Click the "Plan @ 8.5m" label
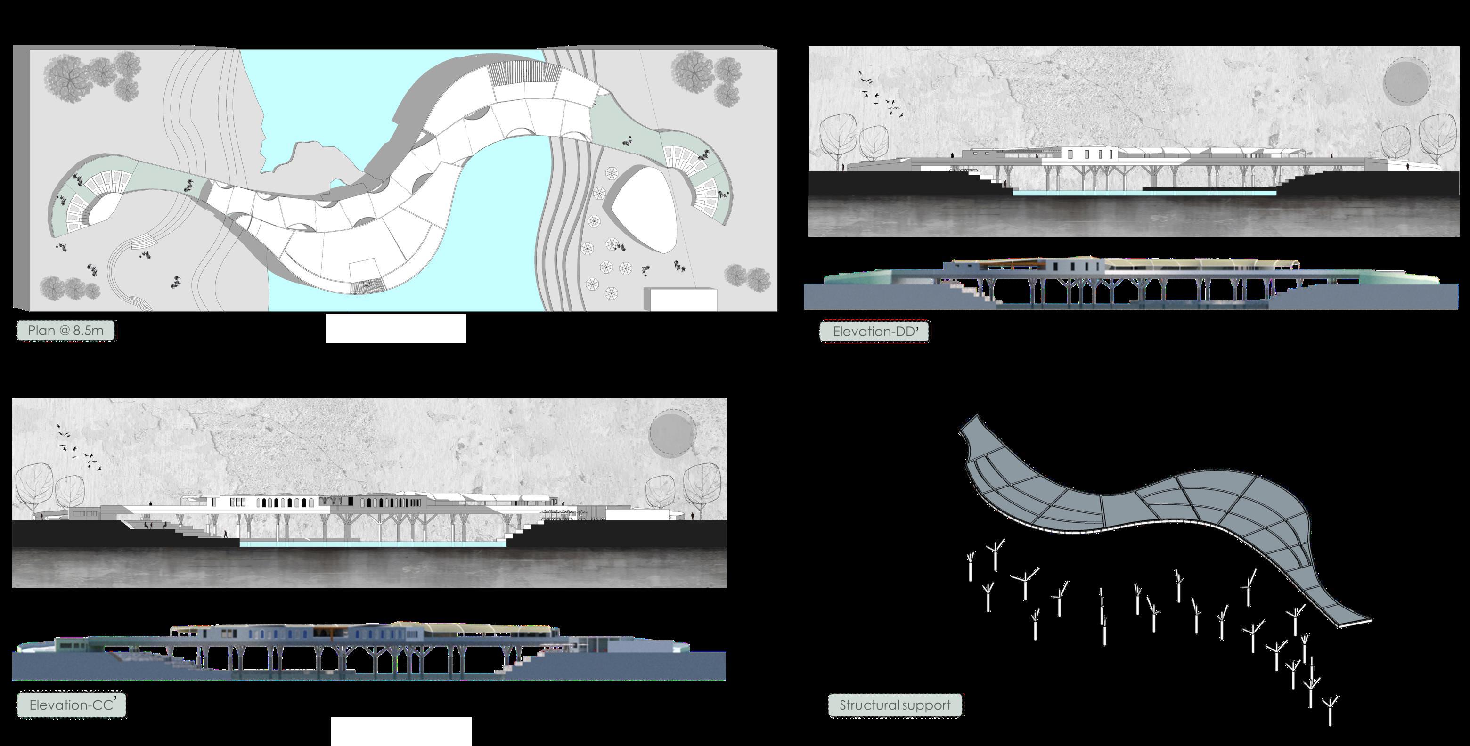(65, 331)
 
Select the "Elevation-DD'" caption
(874, 332)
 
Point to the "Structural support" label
(895, 705)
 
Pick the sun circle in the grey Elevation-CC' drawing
(672, 433)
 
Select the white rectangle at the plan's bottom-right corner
(683, 300)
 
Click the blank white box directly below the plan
(395, 328)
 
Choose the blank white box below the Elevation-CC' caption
(401, 731)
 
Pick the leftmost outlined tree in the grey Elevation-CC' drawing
(34, 487)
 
